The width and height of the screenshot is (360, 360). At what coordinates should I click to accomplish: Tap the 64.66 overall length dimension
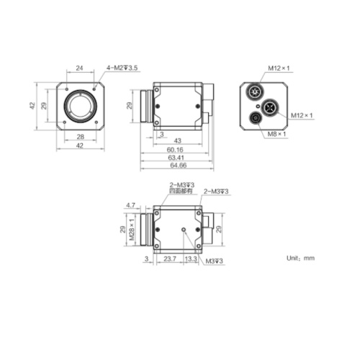176,165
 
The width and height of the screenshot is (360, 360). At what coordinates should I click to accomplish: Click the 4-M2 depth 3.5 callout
122,68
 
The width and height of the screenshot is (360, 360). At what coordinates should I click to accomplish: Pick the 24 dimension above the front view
80,68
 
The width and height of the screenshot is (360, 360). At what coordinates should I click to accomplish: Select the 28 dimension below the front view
80,136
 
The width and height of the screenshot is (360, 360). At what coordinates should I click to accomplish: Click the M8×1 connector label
277,134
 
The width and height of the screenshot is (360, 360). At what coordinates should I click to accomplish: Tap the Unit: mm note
301,257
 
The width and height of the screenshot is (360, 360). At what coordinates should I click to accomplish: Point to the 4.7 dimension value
130,205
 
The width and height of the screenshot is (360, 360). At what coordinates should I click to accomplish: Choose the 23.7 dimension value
170,258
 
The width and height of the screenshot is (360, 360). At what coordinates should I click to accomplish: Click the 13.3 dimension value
191,258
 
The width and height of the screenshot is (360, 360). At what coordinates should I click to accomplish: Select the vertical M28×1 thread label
132,230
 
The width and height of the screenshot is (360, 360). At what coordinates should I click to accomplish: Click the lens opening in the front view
79,105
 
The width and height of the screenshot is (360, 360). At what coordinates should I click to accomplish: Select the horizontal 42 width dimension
80,145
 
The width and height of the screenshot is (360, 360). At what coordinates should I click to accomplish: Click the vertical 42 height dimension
32,105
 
